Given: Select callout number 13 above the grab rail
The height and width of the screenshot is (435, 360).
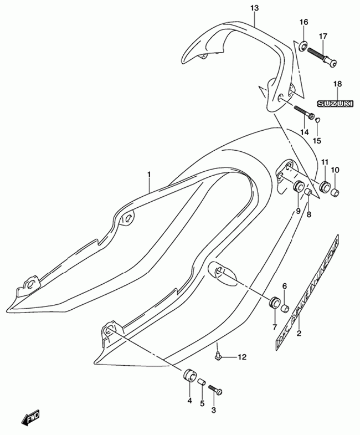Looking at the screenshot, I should [x=254, y=9].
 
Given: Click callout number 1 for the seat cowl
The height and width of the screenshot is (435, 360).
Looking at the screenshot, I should [x=149, y=175].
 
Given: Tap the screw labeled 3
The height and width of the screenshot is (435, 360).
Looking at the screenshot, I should [x=217, y=391].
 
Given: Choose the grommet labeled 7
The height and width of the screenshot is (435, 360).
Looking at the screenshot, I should [x=273, y=304].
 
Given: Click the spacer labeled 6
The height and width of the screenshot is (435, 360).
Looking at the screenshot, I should [x=285, y=308].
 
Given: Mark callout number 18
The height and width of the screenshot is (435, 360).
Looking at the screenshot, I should [x=337, y=84].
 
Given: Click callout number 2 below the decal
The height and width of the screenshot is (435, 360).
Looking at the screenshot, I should [x=300, y=333].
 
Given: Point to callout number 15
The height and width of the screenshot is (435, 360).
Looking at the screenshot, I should [x=318, y=140].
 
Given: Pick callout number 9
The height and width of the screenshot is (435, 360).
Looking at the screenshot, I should [x=298, y=211].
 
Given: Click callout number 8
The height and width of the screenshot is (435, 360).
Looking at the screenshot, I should [x=309, y=214].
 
